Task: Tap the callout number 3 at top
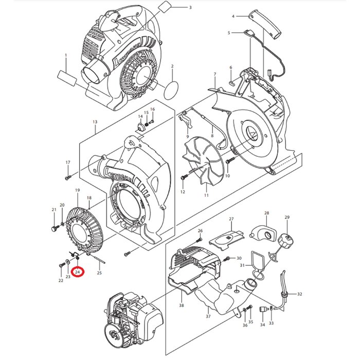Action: point(190,7)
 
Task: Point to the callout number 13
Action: point(95,122)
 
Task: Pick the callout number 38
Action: point(181,305)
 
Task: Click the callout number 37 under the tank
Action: point(208,316)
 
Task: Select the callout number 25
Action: point(99,273)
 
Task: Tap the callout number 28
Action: point(266,213)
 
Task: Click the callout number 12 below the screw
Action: point(182,192)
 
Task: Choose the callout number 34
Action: point(262,325)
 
